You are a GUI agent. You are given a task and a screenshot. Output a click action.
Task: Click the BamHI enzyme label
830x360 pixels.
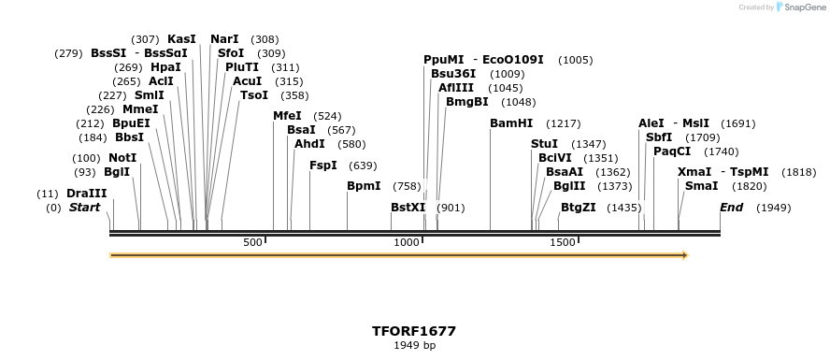(511, 123)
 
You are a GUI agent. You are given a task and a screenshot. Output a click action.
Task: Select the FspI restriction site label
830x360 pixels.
(323, 166)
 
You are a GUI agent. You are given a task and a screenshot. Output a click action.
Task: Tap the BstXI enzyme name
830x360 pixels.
(408, 208)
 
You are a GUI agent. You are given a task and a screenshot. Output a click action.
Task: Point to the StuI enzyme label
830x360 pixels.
(544, 144)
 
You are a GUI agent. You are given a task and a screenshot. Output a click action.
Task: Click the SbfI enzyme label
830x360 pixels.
(659, 137)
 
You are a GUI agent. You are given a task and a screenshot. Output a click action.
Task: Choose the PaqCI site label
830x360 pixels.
(672, 151)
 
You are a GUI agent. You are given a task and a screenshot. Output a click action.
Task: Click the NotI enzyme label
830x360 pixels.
(122, 158)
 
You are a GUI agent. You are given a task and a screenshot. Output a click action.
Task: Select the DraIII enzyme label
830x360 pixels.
(87, 194)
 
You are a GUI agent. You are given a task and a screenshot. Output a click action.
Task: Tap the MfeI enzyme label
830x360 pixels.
(287, 116)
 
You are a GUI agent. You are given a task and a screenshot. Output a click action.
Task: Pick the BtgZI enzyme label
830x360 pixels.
(579, 208)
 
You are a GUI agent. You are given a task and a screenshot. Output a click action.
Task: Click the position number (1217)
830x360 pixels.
(564, 123)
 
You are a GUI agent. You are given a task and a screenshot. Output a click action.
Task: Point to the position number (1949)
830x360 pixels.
(773, 208)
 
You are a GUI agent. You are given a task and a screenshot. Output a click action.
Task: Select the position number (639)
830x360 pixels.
(363, 166)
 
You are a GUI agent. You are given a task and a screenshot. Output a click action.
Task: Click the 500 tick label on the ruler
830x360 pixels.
(253, 243)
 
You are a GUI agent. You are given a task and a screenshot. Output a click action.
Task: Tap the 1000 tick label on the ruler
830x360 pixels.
(407, 243)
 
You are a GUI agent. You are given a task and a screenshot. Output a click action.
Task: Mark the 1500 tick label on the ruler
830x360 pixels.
(563, 243)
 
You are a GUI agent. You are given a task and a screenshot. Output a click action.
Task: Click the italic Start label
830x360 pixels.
(84, 208)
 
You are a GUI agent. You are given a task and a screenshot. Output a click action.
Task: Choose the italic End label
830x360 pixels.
(731, 208)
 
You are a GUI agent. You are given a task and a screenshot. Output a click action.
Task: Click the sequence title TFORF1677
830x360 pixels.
(414, 331)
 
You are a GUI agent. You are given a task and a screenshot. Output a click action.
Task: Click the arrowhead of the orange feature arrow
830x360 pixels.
(685, 254)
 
